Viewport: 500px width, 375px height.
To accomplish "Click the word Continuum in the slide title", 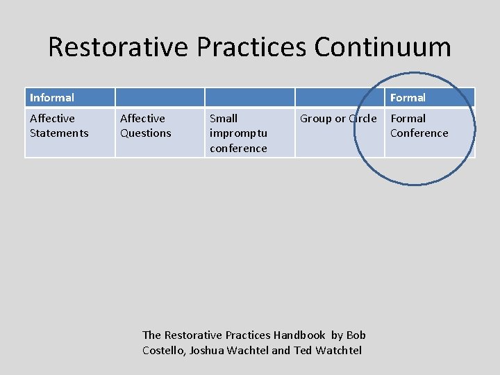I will click(383, 47).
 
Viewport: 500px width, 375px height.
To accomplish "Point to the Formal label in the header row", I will click(408, 98).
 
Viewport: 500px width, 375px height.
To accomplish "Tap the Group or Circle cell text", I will click(338, 119).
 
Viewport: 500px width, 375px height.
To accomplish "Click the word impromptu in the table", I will click(238, 133).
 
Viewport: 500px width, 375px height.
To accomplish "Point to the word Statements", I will click(59, 133).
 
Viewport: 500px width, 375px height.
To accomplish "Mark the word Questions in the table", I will click(146, 133).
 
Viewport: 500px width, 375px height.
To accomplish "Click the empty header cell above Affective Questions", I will click(160, 97).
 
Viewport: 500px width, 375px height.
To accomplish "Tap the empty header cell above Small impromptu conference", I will click(249, 97).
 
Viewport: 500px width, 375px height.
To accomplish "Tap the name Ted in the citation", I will click(303, 350).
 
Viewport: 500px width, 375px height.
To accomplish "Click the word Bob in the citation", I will click(356, 335).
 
